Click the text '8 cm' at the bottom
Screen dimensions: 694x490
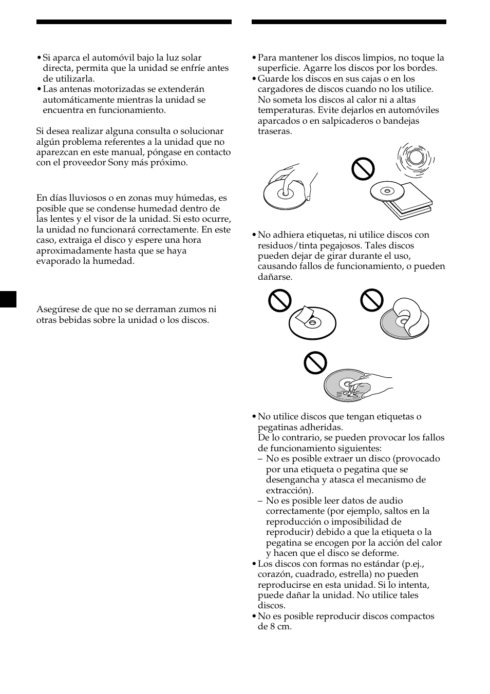281,627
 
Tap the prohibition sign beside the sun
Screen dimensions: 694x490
363,168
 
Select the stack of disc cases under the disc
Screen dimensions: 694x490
408,204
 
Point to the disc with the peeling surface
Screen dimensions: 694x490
404,319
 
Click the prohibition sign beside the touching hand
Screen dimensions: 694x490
315,362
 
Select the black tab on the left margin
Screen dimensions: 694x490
8,299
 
